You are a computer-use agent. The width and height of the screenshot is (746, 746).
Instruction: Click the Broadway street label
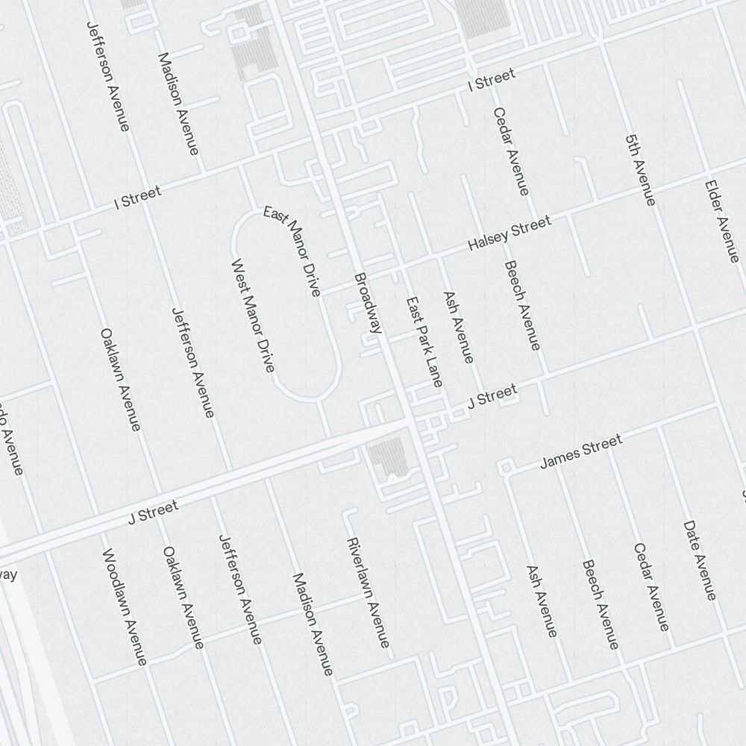click(368, 302)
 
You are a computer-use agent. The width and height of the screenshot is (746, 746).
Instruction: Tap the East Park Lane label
click(424, 342)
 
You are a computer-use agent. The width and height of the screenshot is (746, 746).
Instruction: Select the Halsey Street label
click(510, 233)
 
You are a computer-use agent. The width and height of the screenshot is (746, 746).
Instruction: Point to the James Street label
click(581, 452)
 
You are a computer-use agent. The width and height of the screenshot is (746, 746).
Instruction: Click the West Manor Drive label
click(253, 316)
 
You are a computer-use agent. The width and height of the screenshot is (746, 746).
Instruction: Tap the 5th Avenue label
click(640, 170)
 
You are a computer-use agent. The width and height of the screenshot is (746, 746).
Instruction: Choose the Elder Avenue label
click(721, 221)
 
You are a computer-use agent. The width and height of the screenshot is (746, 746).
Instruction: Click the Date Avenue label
click(700, 560)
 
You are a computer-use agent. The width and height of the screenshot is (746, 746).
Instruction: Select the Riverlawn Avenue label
click(367, 592)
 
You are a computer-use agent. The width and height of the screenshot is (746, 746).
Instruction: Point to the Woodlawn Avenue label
click(125, 606)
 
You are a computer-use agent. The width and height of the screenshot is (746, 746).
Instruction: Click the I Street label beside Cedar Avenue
click(491, 80)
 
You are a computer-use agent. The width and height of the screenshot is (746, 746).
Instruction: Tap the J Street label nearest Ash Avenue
click(492, 396)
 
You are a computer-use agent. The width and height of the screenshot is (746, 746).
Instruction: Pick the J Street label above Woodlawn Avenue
click(153, 513)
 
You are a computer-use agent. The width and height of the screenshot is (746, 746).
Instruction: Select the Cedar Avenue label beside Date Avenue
click(651, 586)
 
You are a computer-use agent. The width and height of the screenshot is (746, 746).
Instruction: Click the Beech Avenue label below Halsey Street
click(521, 305)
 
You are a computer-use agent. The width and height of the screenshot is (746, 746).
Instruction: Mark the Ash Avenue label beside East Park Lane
click(458, 327)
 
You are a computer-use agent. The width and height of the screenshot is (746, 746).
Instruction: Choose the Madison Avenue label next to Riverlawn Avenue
click(312, 624)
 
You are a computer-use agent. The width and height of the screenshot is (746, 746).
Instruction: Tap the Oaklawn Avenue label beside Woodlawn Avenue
click(183, 598)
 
